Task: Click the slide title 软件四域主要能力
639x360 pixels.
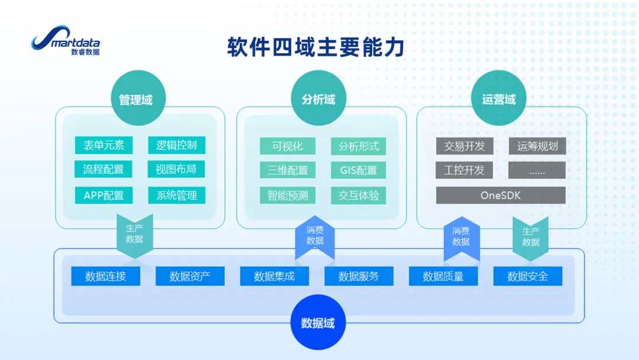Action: coord(316,47)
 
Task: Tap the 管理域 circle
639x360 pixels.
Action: coord(138,98)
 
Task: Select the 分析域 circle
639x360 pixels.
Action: coord(318,98)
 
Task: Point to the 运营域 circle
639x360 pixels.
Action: coord(498,98)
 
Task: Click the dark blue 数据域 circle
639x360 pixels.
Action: coord(318,322)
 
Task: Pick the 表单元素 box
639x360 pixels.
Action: coord(104,145)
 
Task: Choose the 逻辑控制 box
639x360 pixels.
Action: coord(176,145)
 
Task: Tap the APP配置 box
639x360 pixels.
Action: coord(104,195)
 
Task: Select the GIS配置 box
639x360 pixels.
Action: coord(358,170)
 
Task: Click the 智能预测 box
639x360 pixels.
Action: coord(288,195)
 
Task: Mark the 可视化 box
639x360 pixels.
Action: coord(288,146)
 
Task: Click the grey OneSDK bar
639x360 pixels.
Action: coord(501,195)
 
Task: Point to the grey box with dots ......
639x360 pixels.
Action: coord(537,170)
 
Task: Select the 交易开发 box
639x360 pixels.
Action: coord(464,146)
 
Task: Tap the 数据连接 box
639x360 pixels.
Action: coord(105,276)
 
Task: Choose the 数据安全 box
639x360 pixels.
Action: coord(528,276)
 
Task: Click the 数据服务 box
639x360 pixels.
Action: coord(359,276)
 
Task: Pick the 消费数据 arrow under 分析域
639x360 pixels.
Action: coord(315,237)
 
